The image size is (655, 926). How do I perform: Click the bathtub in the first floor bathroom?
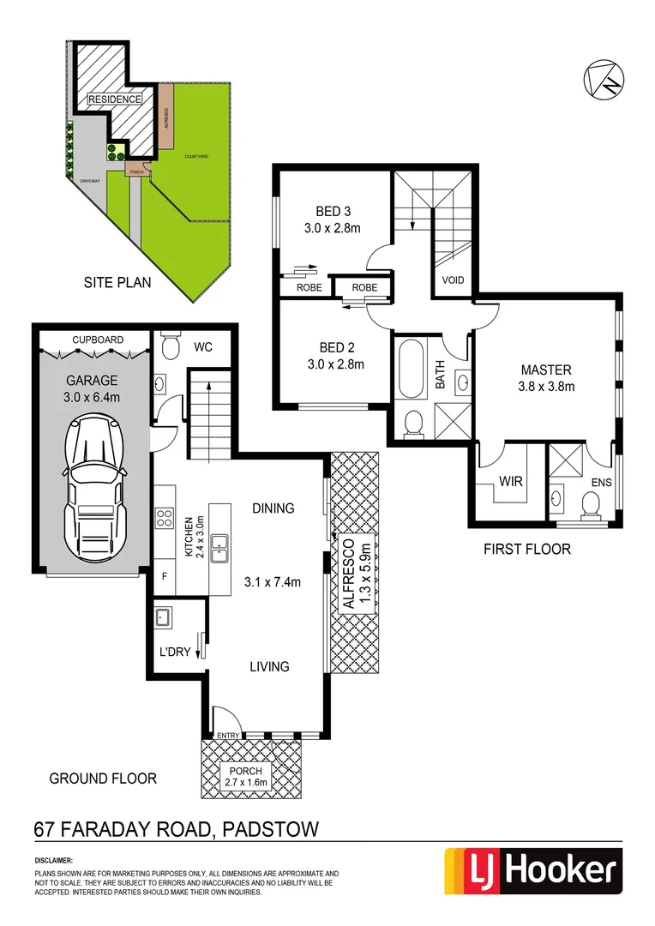click(412, 369)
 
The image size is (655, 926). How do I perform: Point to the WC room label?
click(202, 347)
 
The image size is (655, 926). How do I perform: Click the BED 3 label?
click(335, 212)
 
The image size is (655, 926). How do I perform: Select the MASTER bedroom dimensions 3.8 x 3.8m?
click(546, 386)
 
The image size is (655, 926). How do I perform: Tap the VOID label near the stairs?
click(453, 280)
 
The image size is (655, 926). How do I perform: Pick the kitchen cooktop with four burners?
click(165, 517)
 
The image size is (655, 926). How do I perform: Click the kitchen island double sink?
click(219, 544)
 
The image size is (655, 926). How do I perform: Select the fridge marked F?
click(165, 577)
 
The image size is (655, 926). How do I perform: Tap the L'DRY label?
click(176, 652)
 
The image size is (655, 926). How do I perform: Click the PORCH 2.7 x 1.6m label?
click(244, 776)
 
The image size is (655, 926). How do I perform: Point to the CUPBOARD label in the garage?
click(97, 340)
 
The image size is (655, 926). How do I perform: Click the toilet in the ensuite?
click(591, 506)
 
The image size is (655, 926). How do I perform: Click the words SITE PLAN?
click(117, 281)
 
